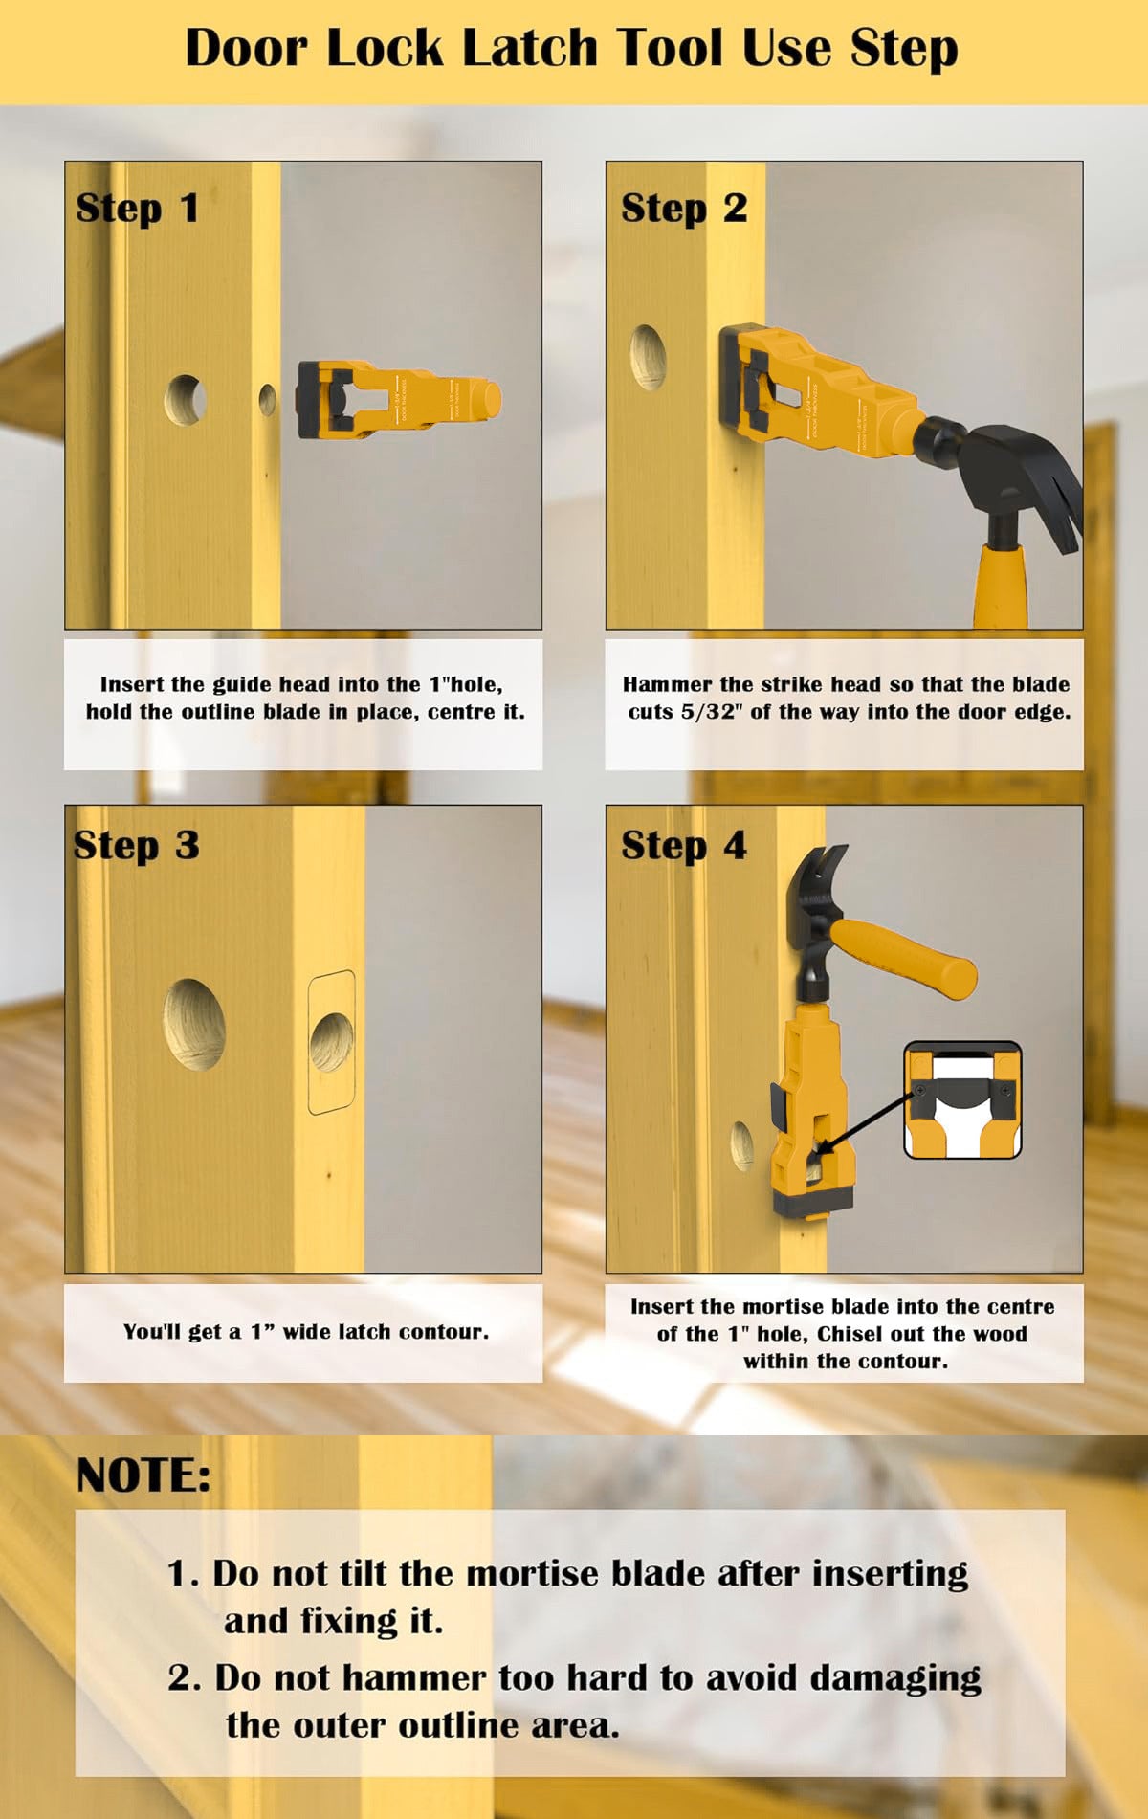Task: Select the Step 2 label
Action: (683, 209)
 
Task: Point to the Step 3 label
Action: (136, 846)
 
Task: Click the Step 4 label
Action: (683, 846)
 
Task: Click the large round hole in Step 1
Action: (185, 400)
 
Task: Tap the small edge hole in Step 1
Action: (267, 400)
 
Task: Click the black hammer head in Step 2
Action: (995, 469)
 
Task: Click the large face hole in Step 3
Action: (194, 1024)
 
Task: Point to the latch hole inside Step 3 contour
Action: (331, 1043)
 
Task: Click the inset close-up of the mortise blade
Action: (962, 1100)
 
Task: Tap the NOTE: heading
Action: (143, 1475)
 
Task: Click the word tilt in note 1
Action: (364, 1573)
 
